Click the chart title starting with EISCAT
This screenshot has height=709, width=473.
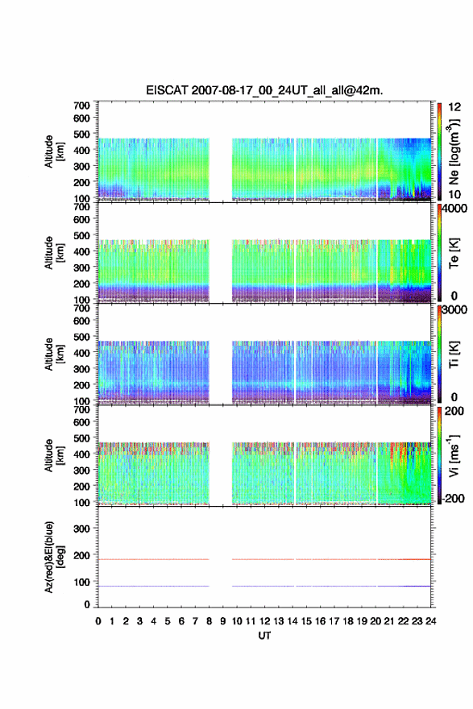point(264,90)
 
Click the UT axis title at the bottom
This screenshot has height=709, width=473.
point(264,636)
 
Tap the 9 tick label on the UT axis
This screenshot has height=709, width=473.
point(223,621)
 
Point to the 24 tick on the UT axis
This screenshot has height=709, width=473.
point(431,621)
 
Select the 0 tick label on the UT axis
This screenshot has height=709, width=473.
point(98,621)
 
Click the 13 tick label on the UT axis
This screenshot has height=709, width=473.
point(279,621)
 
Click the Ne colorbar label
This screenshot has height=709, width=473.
point(454,152)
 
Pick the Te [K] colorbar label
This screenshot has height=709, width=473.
point(454,253)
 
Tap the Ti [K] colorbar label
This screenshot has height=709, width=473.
point(454,354)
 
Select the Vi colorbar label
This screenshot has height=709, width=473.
point(454,456)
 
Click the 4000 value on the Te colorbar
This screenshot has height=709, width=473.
point(454,209)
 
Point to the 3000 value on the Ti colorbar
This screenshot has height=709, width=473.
point(454,309)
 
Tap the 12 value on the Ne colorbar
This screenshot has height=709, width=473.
point(454,107)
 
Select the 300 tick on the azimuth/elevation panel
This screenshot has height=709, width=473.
point(81,529)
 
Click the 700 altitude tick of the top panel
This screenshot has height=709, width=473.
point(81,106)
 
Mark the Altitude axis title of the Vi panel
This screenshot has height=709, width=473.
point(54,456)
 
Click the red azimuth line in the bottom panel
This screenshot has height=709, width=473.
point(264,559)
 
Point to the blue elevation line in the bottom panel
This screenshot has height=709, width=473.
point(264,586)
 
